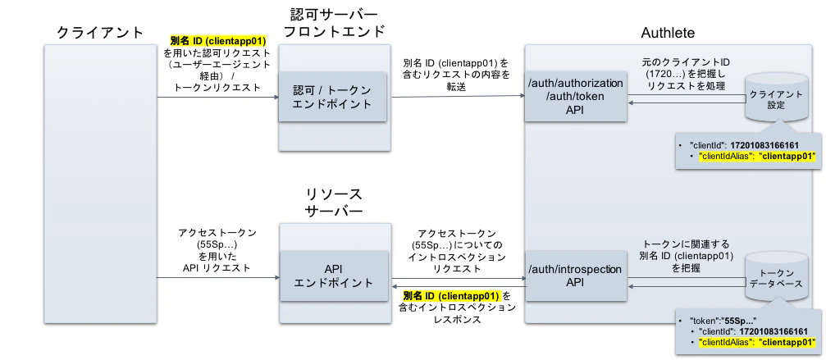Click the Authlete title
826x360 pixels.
[x=667, y=32]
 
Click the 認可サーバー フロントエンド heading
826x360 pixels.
[x=334, y=24]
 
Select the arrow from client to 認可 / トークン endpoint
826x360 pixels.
[x=215, y=98]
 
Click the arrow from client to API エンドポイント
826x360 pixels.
[x=215, y=278]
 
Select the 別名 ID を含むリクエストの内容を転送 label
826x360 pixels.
[x=457, y=73]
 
